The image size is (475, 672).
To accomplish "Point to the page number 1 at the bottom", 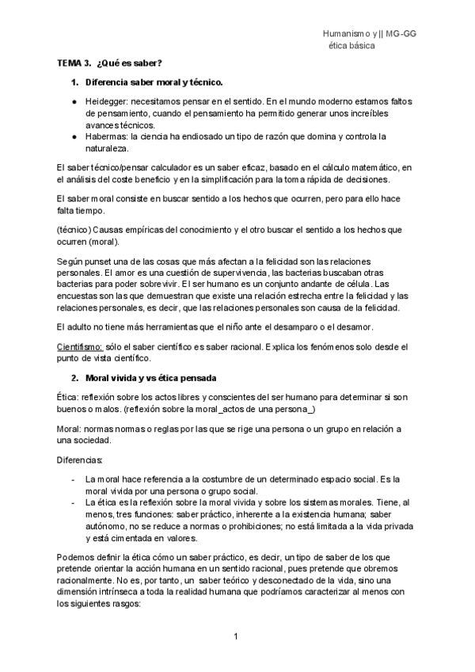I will (236, 636).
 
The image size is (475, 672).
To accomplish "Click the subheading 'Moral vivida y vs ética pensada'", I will (150, 376).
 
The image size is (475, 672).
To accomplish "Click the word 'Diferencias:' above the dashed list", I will (79, 460).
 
